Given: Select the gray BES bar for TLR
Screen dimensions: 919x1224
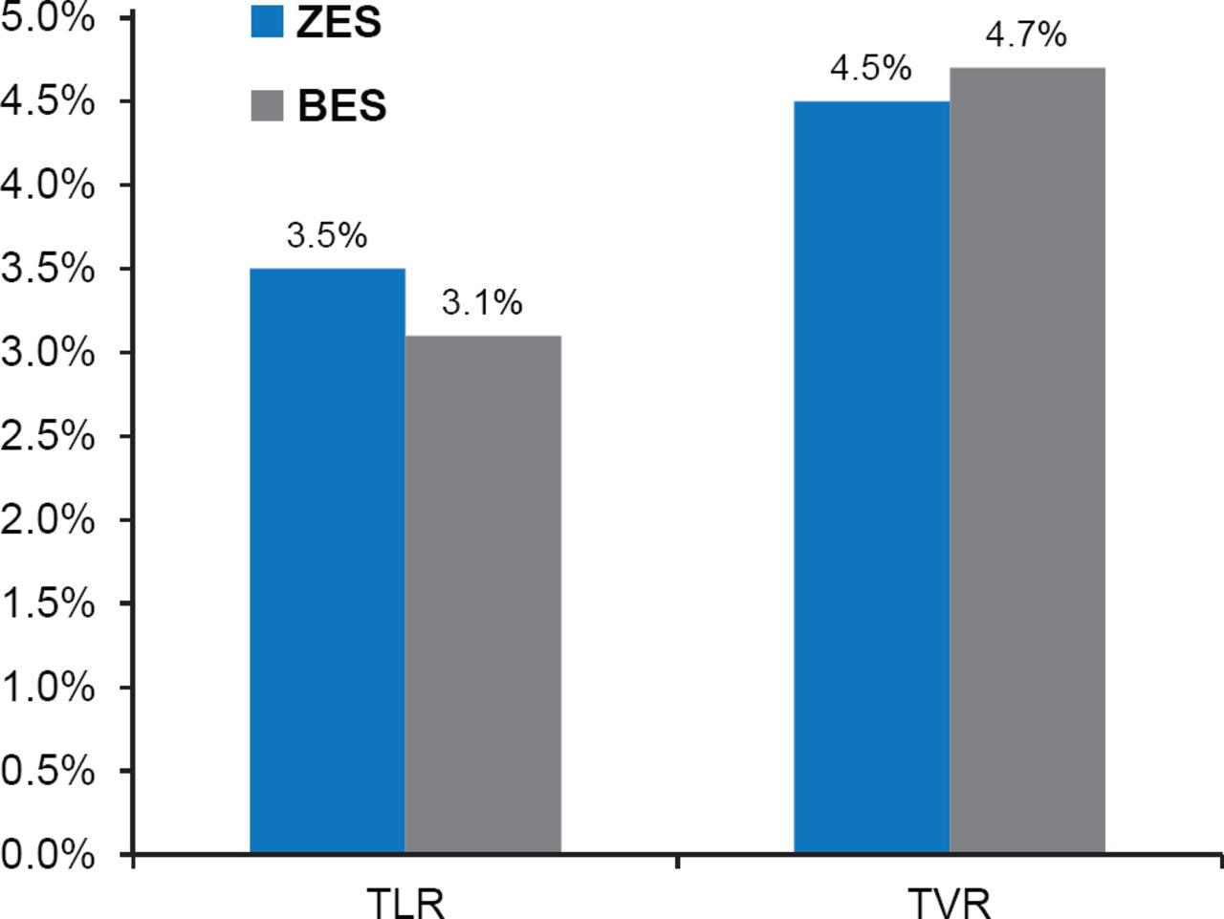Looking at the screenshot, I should (x=483, y=594).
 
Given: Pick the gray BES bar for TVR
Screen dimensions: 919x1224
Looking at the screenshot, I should (x=1027, y=460).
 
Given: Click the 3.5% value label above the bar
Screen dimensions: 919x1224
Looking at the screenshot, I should (x=327, y=235).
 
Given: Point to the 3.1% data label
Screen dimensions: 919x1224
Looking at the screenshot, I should (x=482, y=303).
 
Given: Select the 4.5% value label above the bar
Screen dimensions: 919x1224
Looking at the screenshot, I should (x=870, y=69).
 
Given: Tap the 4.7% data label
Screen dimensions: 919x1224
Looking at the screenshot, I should (x=1026, y=35).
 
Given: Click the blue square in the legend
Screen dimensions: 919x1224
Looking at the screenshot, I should (x=267, y=21).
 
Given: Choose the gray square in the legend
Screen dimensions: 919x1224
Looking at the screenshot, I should (x=267, y=105).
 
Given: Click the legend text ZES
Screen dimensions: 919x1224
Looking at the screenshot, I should (x=339, y=23).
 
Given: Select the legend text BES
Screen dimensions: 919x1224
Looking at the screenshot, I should (x=341, y=106).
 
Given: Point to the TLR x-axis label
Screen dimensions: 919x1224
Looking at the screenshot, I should (x=406, y=903).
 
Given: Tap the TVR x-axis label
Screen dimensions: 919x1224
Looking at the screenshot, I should (x=949, y=903).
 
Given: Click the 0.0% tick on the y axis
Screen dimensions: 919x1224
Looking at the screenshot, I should (x=48, y=854).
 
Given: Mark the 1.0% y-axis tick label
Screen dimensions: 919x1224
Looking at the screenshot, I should (x=48, y=687).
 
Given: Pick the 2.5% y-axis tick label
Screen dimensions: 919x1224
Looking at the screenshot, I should (x=48, y=436).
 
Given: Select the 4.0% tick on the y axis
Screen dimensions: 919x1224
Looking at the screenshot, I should (x=48, y=185).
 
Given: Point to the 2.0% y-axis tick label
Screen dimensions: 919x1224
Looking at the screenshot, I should (x=48, y=519).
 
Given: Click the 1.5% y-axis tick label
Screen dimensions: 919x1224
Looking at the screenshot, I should (x=48, y=603).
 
